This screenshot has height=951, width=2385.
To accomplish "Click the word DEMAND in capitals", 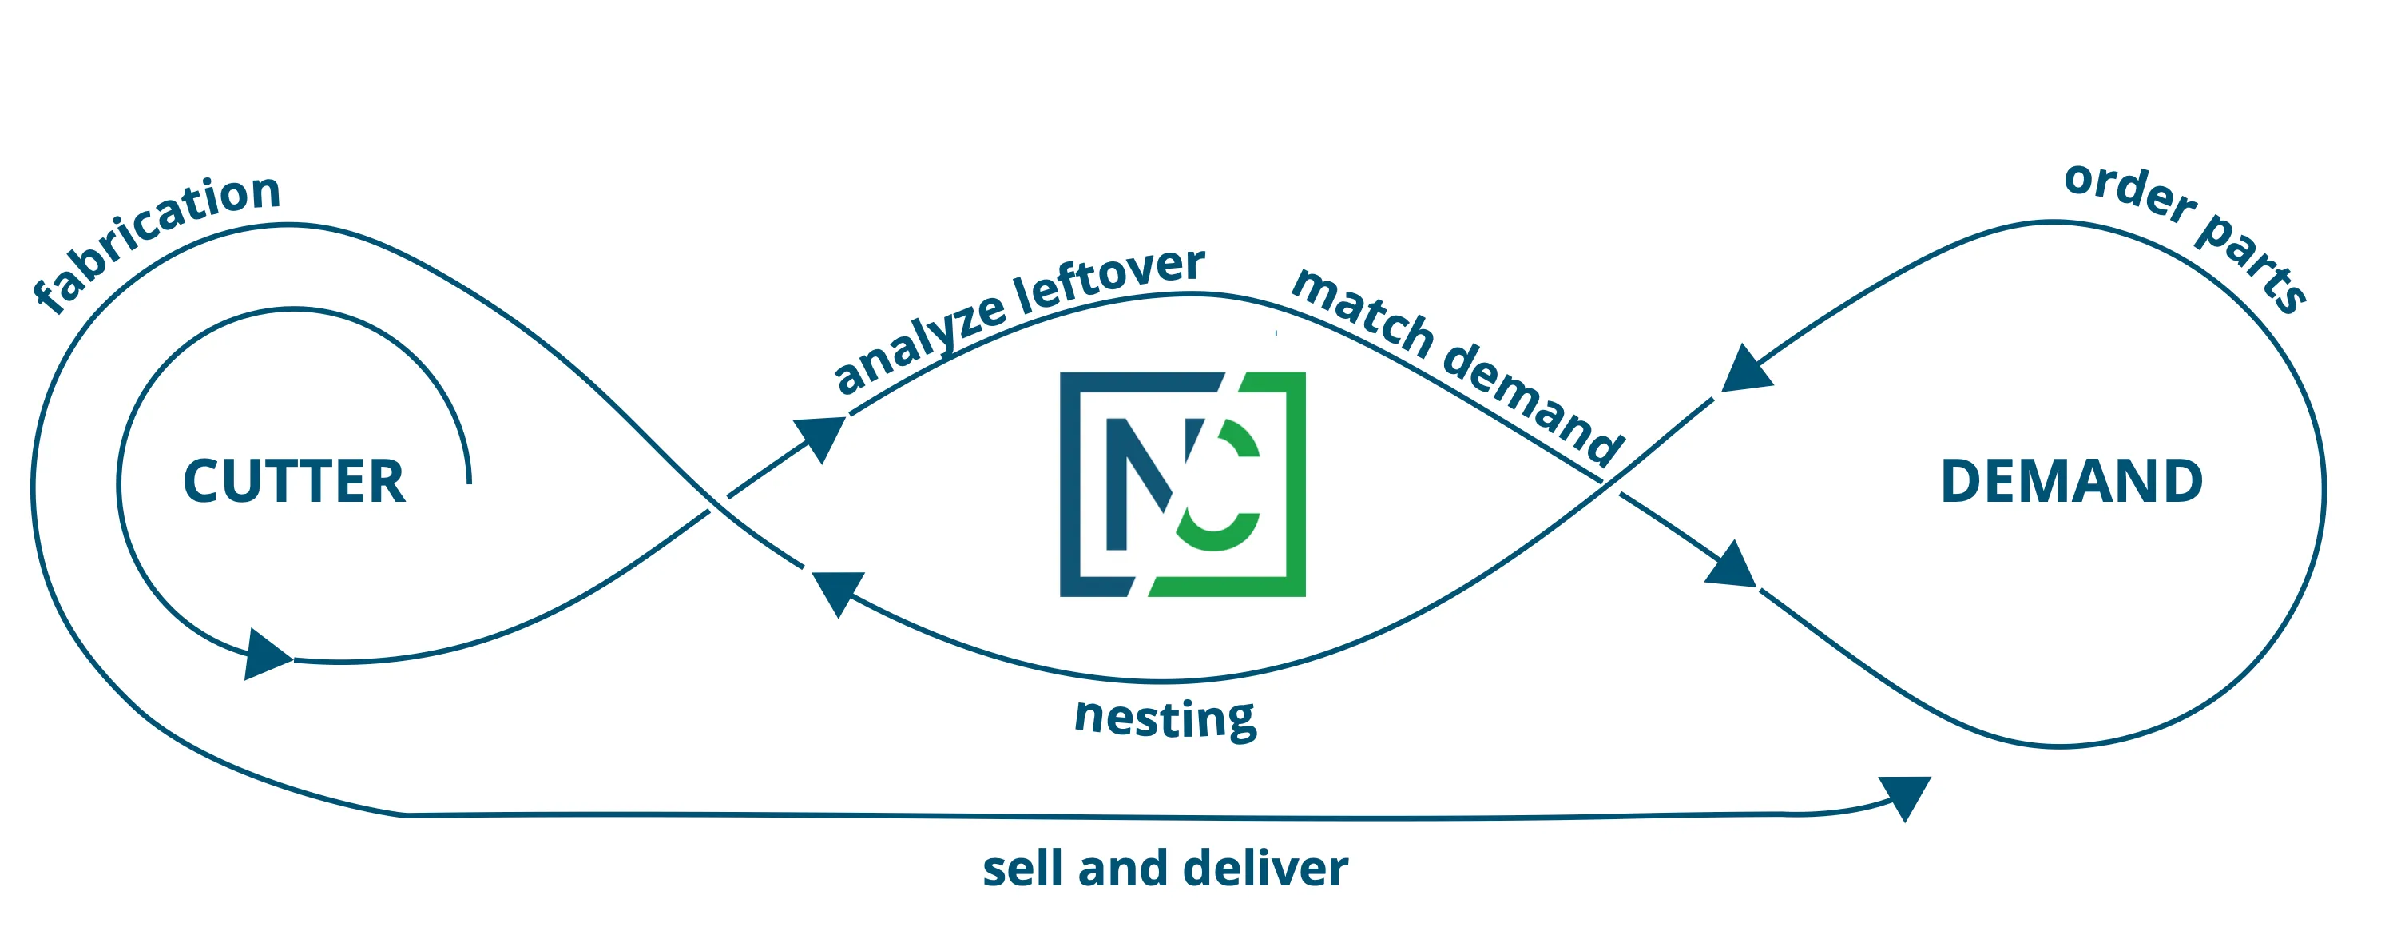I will point(2070,483).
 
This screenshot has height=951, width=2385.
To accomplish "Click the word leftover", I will point(1109,279).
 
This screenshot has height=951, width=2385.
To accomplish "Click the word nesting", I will point(1165,718).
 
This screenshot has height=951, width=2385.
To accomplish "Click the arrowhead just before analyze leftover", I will point(821,436).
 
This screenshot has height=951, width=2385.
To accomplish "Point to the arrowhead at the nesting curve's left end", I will point(836,591).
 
